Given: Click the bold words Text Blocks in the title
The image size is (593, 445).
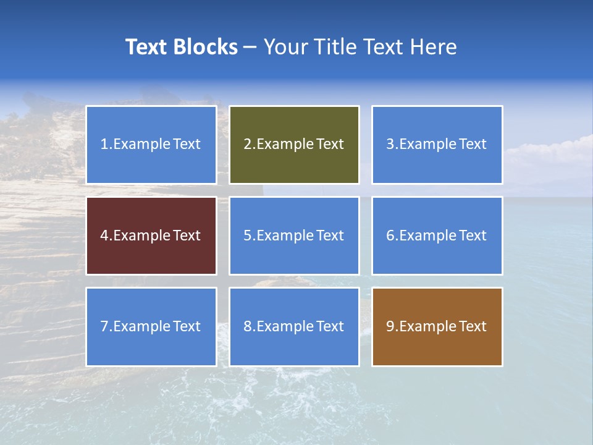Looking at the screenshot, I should pos(181,47).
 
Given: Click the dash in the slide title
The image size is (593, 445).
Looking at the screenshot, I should pos(250,47).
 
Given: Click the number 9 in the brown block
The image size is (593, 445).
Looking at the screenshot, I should pos(390,326).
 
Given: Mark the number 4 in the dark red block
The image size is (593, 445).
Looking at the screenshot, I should pos(104,235).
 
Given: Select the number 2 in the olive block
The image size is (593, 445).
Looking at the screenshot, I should pos(247,144).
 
